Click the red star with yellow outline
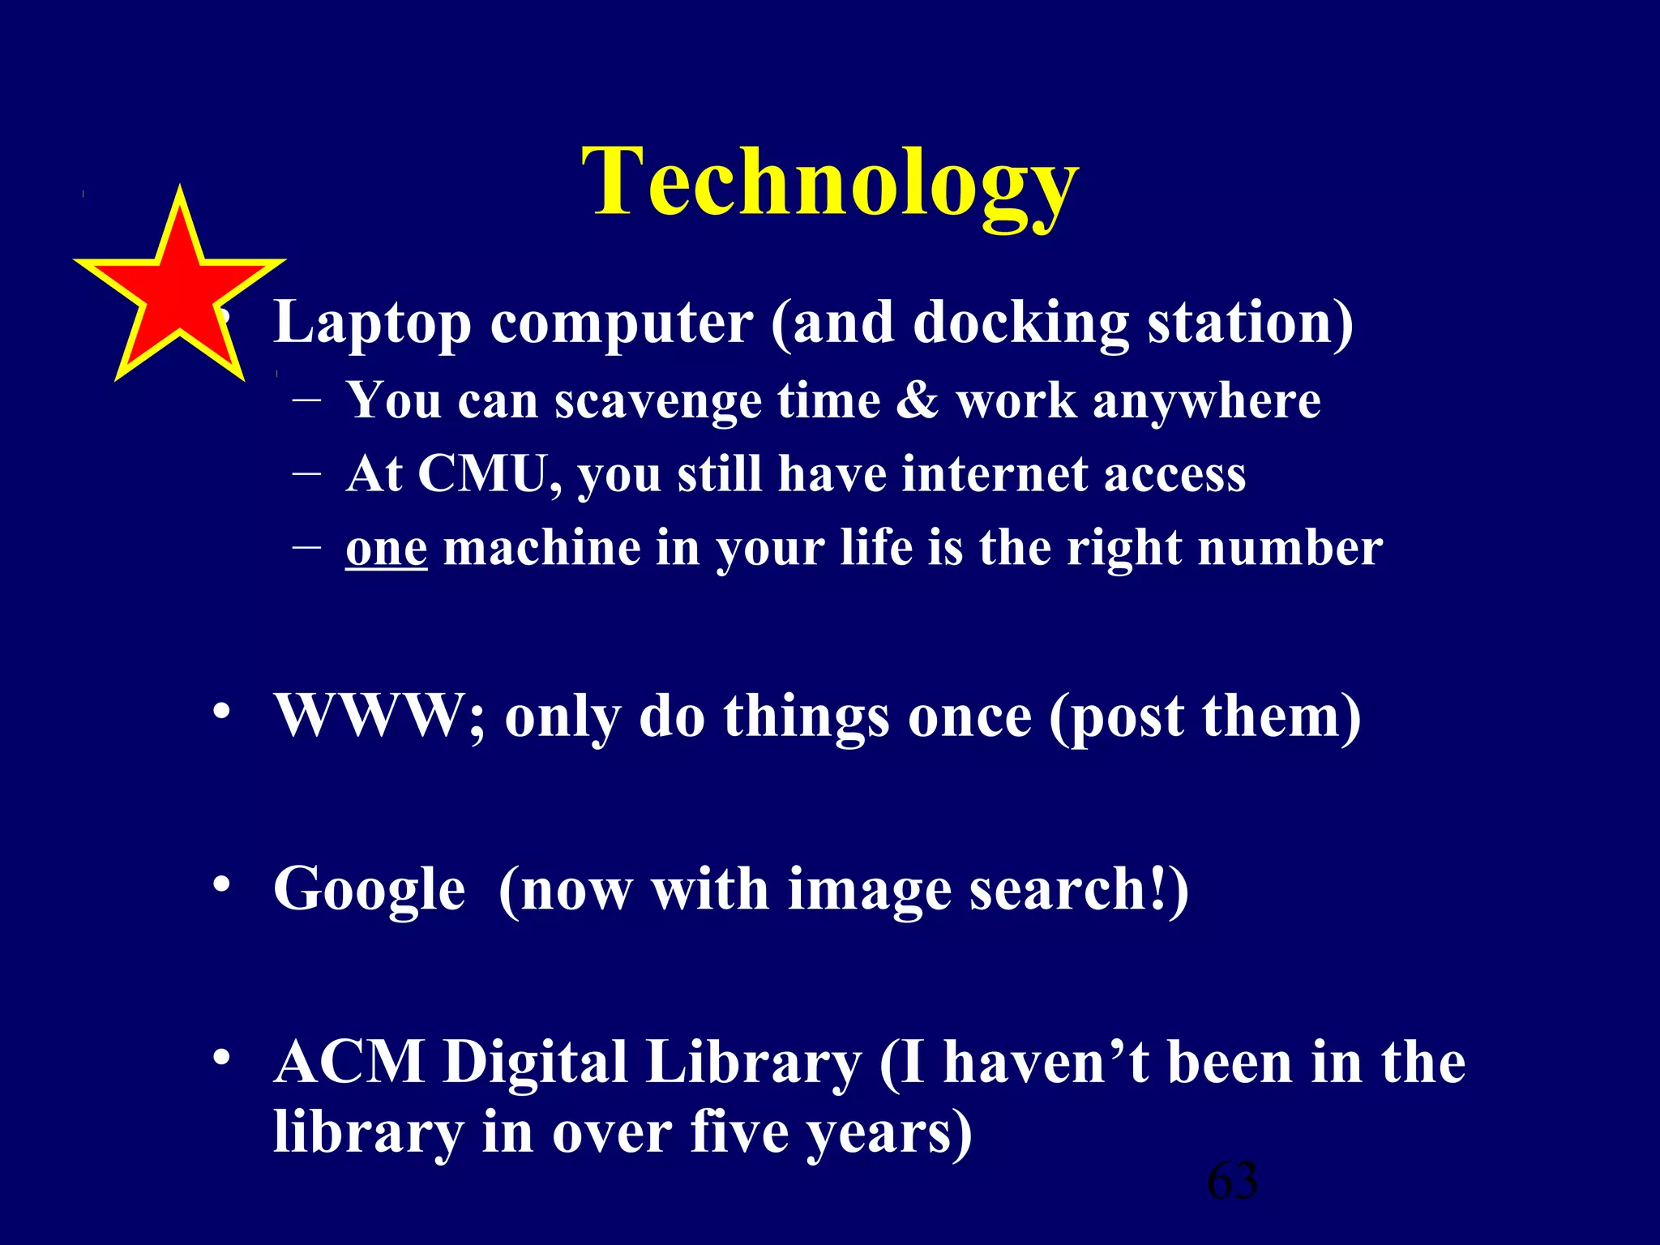179,292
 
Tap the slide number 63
1232,1181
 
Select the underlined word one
386,549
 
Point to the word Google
370,890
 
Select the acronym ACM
349,1062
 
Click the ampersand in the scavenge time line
917,400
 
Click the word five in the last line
739,1132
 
